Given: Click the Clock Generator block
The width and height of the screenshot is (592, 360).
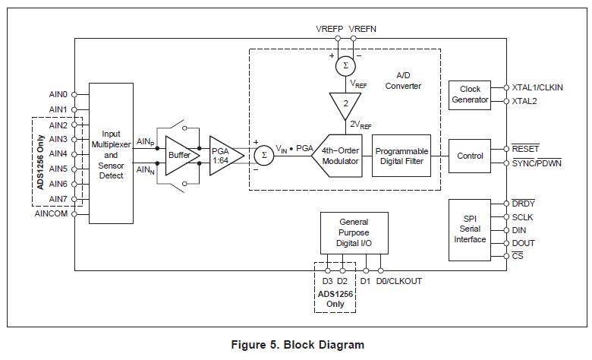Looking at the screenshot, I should (470, 95).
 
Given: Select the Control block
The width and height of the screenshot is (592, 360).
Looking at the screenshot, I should (470, 156).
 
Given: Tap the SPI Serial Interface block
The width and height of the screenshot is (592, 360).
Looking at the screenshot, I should (470, 229).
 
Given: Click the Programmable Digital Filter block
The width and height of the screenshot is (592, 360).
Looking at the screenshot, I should (401, 156).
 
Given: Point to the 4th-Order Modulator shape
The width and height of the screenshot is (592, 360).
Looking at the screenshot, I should (339, 156).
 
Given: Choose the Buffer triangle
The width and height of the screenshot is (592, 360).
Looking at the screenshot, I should (180, 155).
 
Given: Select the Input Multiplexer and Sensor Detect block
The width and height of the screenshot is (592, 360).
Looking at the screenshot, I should (111, 154).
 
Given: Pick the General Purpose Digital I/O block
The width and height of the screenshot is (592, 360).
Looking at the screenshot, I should (354, 232).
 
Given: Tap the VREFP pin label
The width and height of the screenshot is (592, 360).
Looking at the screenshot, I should (329, 29).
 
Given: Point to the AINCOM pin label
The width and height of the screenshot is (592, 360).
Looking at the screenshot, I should (51, 213).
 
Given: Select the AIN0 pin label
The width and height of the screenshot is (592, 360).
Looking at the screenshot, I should (58, 95).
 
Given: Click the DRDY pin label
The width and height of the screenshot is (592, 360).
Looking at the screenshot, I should (524, 204).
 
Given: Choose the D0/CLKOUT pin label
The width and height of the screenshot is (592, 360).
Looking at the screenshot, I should (399, 281).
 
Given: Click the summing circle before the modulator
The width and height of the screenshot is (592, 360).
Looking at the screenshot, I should (263, 155).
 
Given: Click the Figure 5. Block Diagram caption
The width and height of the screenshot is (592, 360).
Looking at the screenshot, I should (297, 345).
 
